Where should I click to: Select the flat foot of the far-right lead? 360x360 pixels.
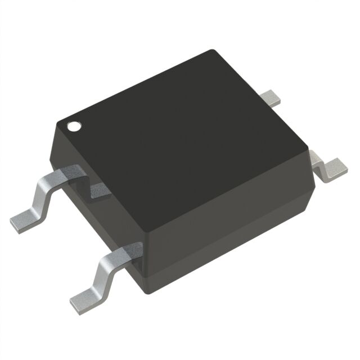[335, 168]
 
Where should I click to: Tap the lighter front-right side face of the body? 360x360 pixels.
[225, 225]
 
